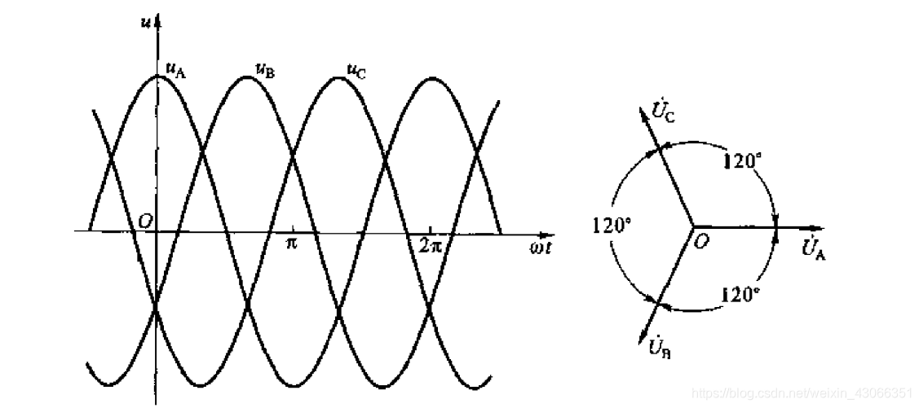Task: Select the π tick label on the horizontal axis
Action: coord(291,243)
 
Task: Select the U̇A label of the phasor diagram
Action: coord(814,248)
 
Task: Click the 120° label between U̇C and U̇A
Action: coord(743,160)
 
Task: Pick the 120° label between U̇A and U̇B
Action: coord(742,294)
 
